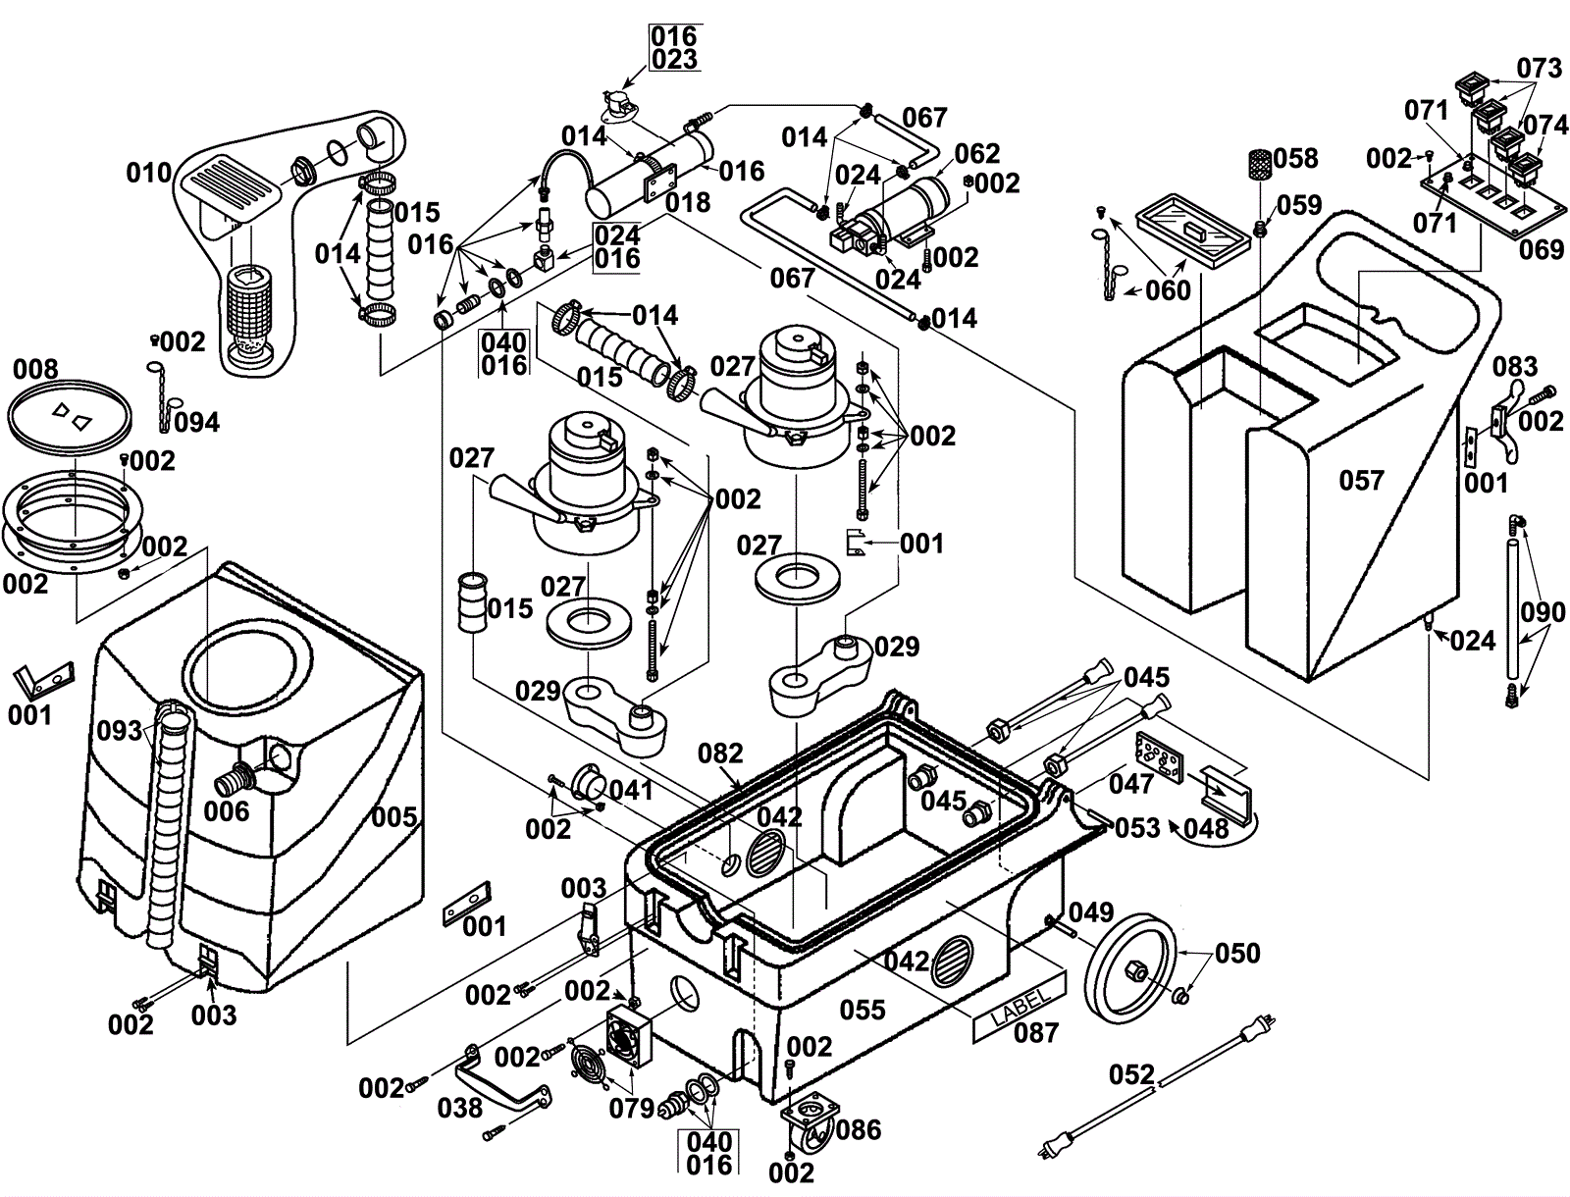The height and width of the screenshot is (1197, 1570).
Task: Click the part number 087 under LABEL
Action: point(1036,1032)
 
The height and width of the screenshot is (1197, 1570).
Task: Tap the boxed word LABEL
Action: point(1020,1003)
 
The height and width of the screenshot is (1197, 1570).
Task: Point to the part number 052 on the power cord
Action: point(1132,1074)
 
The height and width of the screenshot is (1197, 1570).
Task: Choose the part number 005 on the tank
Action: point(394,816)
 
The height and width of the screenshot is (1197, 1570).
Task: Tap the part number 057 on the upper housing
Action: point(1361,480)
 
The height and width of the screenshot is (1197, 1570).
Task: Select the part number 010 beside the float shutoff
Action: point(148,174)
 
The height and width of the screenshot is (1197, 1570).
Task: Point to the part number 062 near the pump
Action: point(977,154)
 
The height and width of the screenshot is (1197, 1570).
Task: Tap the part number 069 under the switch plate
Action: point(1541,249)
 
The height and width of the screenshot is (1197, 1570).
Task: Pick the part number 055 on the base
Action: point(863,1010)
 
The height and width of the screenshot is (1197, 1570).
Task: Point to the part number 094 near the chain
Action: point(197,422)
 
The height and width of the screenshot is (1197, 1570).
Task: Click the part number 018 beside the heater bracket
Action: point(687,203)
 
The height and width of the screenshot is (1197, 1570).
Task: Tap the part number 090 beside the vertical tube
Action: point(1544,613)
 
